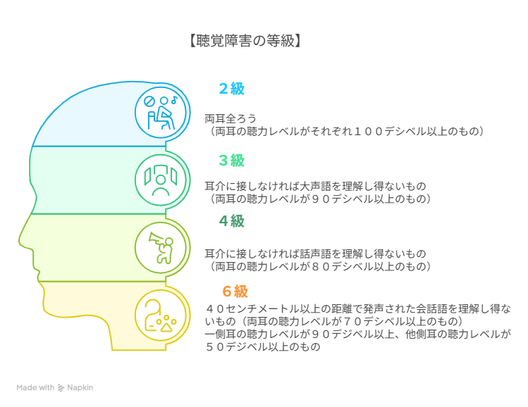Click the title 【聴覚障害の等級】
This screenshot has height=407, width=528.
[245, 41]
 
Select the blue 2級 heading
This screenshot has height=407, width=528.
[231, 89]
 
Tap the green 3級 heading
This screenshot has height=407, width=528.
[231, 160]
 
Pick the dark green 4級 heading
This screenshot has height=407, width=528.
[231, 221]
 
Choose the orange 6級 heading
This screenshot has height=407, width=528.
[235, 292]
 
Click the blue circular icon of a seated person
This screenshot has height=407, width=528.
[161, 113]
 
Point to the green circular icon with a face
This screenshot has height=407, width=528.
[161, 180]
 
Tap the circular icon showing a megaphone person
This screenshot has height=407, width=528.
[161, 248]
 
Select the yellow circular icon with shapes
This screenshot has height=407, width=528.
[161, 315]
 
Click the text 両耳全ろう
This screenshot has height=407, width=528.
[231, 119]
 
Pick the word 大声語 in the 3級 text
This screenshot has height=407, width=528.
[316, 186]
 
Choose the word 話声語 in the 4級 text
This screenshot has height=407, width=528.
[316, 253]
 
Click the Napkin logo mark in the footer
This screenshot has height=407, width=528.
[61, 388]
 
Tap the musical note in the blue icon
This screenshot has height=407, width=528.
[174, 99]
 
